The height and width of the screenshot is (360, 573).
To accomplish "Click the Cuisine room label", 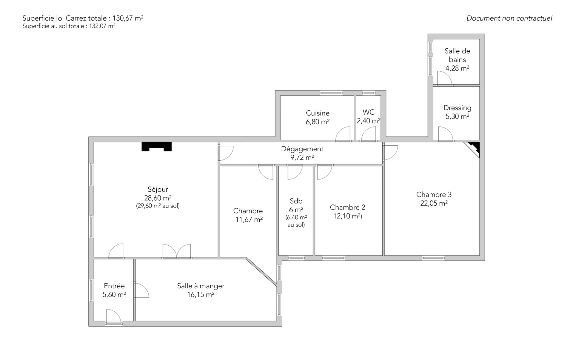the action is (x=318, y=113).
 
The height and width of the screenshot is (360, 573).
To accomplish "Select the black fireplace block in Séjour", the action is (x=156, y=146).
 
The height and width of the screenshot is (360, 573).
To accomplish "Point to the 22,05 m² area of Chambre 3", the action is (x=434, y=203).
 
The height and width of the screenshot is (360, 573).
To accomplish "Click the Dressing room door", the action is (x=446, y=133).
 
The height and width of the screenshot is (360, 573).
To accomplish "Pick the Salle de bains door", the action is (x=444, y=78).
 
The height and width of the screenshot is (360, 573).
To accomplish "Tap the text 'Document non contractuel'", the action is (x=509, y=18).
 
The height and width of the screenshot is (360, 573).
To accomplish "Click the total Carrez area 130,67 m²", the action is (x=128, y=18).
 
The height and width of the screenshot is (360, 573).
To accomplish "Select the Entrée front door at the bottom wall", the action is (x=114, y=316).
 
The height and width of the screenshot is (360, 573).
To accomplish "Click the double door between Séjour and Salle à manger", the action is (x=177, y=251).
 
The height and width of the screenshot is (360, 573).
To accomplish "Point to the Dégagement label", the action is (x=302, y=149).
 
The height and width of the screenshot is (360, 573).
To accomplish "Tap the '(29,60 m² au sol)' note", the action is (x=158, y=206).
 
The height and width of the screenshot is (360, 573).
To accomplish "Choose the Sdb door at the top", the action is (x=295, y=173).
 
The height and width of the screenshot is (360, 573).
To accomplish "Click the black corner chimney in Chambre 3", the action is (x=473, y=148).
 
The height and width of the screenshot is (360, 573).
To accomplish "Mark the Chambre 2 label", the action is (x=347, y=207).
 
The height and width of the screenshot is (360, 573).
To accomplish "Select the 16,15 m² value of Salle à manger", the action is (x=201, y=295).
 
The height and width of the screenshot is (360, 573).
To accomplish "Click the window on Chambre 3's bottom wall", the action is (x=433, y=258).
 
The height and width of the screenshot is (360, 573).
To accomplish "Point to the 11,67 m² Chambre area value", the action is (x=249, y=220).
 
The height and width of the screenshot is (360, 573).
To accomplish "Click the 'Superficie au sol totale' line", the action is (x=69, y=26).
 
